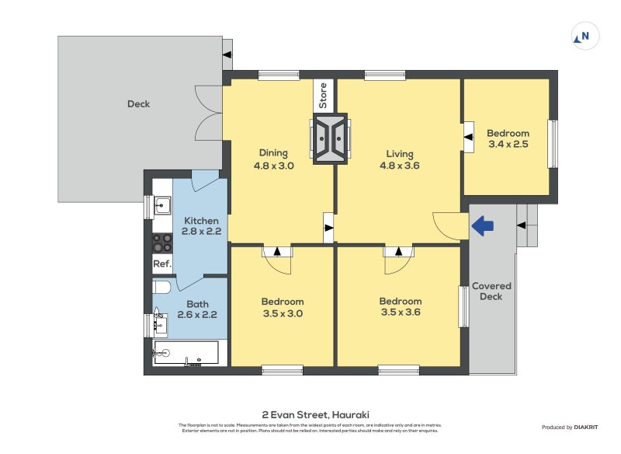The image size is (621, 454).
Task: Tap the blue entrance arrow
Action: coord(483,226)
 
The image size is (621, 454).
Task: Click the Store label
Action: coord(324,96)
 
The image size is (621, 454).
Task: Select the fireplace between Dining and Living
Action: coord(331,139)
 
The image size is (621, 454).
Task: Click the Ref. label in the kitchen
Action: coord(161,264)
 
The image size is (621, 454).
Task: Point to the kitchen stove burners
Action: coord(162,243)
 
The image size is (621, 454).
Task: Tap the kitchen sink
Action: coord(162,206)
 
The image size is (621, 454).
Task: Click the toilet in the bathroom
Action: coord(161,287)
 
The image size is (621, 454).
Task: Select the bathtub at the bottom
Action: coord(186,353)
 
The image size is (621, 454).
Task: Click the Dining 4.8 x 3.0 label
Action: coord(273,159)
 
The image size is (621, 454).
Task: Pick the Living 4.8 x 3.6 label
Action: coord(400,159)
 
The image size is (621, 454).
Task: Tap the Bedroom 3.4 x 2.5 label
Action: coord(508,138)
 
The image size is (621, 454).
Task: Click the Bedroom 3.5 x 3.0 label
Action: coord(283,308)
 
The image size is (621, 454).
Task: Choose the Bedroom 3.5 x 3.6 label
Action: coord(400,308)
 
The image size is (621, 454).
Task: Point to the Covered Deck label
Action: coord(491,292)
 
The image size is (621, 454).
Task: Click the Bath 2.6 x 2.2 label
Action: coord(196,309)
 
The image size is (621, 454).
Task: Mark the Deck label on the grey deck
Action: coord(138,104)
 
